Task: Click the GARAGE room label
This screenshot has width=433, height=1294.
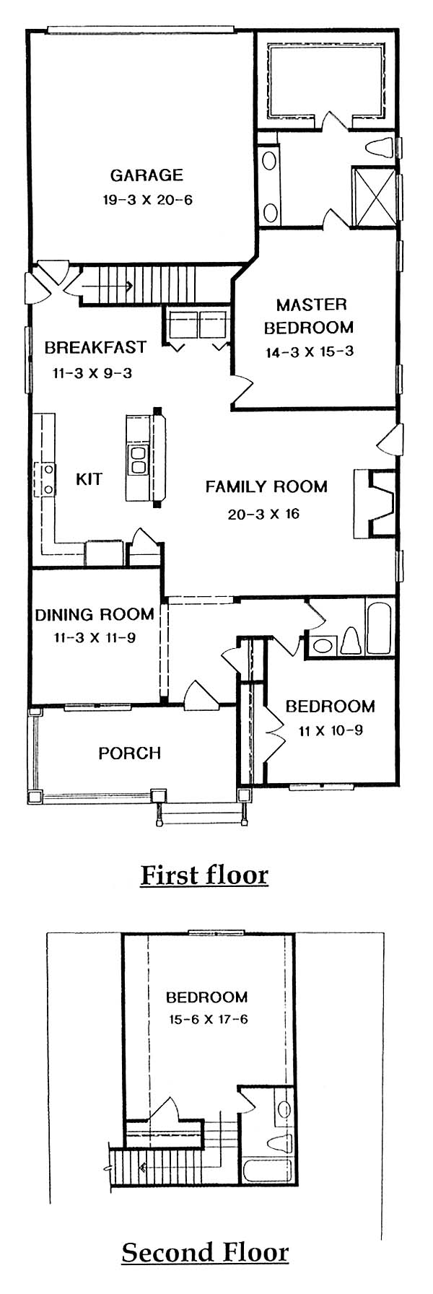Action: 146,175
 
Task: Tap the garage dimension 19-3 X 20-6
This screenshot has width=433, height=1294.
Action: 147,200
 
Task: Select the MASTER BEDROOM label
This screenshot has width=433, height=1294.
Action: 308,315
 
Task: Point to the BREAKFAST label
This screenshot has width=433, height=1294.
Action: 95,347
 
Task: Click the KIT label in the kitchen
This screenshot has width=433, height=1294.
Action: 89,478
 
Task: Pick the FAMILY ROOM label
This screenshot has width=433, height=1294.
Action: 266,486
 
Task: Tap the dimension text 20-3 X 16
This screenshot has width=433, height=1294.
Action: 262,514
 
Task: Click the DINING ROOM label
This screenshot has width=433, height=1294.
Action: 95,614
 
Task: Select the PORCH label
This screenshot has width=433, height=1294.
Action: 129,753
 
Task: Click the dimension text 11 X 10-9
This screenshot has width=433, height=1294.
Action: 331,730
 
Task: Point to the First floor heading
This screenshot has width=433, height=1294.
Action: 204,875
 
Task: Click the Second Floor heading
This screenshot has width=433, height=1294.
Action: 205,1252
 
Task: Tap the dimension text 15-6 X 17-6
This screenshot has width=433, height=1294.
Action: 206,1020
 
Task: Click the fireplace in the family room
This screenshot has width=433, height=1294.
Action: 375,504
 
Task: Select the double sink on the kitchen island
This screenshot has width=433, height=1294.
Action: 137,458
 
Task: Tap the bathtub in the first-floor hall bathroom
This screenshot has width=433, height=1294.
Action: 379,627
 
